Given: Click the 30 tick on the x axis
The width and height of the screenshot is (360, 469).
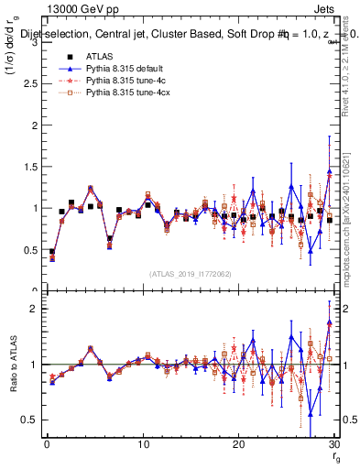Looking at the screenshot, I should click(333, 445).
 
